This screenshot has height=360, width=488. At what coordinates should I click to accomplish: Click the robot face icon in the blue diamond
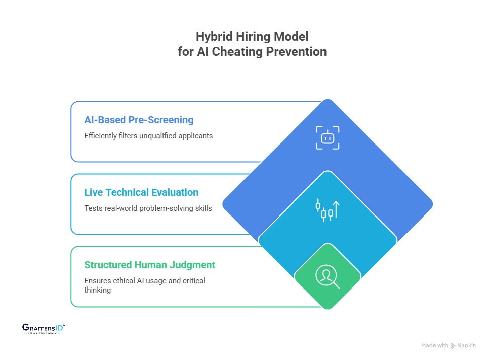(x=328, y=137)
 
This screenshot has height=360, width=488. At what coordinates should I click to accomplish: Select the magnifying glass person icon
(x=327, y=276)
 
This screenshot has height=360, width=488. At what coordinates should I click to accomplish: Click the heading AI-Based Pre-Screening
(x=139, y=120)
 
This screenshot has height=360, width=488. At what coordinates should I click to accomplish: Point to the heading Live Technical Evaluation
(x=141, y=192)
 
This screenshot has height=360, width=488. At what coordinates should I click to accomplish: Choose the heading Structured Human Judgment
(x=150, y=265)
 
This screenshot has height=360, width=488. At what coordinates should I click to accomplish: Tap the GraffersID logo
(x=44, y=329)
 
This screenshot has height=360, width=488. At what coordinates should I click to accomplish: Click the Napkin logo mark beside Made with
(x=453, y=346)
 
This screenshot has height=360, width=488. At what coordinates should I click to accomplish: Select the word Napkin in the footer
(x=467, y=346)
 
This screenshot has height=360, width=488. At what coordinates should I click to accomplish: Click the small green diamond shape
(x=327, y=276)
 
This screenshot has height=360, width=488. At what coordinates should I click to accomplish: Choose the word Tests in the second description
(x=93, y=208)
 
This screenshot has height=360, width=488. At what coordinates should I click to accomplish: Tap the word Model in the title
(x=292, y=37)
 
